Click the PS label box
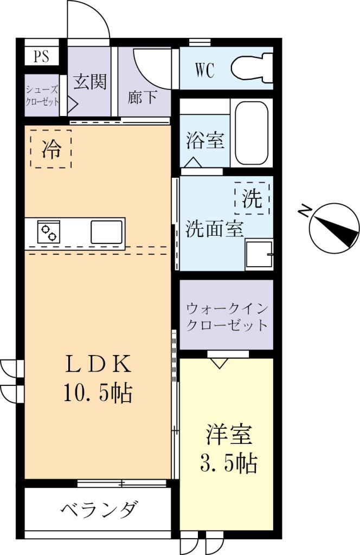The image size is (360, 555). coord(42,56)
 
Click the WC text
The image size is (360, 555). coord(204,70)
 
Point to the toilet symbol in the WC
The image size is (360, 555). coord(252,67)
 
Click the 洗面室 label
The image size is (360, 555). coord(214,229)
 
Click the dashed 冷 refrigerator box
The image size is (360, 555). coord(50,149)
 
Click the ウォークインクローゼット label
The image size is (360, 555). coord(227,317)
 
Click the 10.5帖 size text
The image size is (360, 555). coord(99,393)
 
